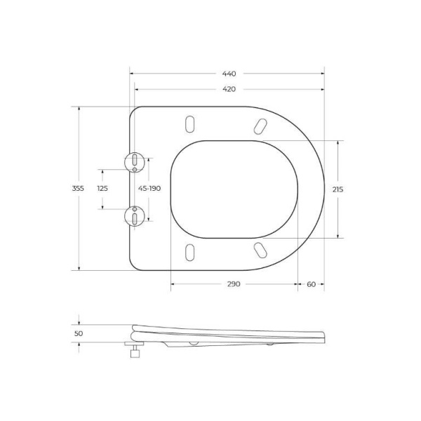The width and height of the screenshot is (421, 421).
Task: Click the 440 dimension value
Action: pyautogui.click(x=229, y=74)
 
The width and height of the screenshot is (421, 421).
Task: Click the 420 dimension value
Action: pyautogui.click(x=229, y=89)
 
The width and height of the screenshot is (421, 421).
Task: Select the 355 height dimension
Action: pyautogui.click(x=78, y=189)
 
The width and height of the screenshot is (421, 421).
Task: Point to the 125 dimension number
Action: pyautogui.click(x=102, y=189)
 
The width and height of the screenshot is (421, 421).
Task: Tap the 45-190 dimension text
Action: pyautogui.click(x=149, y=189)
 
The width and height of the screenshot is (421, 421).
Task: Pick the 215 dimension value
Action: pyautogui.click(x=338, y=189)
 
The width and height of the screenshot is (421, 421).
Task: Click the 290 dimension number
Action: pyautogui.click(x=234, y=284)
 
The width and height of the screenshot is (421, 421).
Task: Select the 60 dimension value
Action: pyautogui.click(x=311, y=284)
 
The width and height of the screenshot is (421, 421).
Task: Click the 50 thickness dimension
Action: pyautogui.click(x=78, y=333)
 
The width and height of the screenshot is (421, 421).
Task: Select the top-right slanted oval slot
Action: pyautogui.click(x=260, y=126)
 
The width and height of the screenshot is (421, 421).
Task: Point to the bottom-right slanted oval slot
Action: pyautogui.click(x=260, y=250)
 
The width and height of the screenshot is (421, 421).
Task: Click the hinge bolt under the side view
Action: pyautogui.click(x=133, y=350)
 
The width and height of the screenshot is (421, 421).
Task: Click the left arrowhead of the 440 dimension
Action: pyautogui.click(x=132, y=74)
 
